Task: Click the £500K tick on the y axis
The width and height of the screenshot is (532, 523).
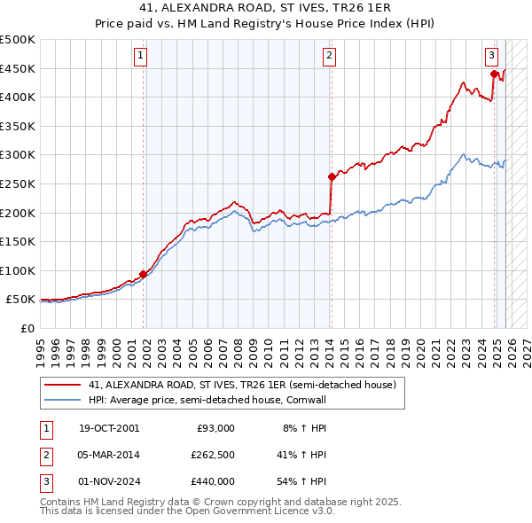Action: coord(18,40)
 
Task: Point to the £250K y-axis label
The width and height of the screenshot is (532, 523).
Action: coord(18,183)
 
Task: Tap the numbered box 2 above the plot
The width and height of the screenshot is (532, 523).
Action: coord(329,56)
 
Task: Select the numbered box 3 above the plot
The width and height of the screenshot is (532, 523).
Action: coord(491,56)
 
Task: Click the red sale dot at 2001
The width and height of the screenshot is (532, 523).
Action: coord(143,274)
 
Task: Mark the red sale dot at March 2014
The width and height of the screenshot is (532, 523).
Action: coord(331,176)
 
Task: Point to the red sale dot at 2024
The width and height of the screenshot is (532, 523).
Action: coord(494,74)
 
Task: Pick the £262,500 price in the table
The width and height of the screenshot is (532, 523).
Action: coord(212,455)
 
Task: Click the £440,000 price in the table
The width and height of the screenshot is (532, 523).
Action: coord(212,481)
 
